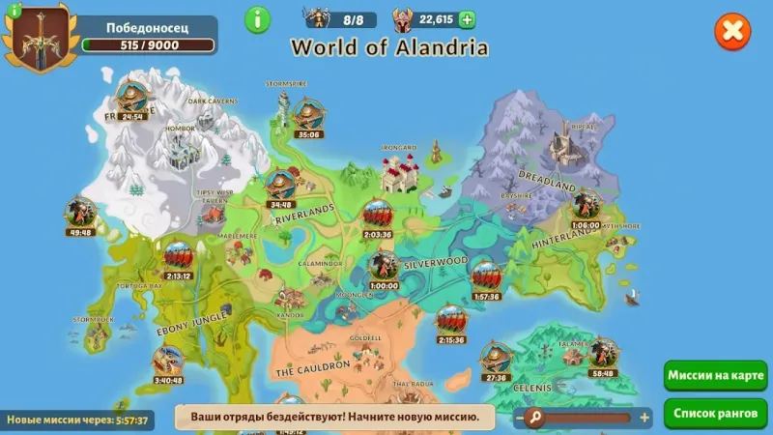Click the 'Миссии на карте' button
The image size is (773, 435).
click(716, 375)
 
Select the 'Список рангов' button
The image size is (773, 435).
click(716, 412)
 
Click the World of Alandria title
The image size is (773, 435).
click(389, 46)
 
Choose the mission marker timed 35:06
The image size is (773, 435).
click(308, 116)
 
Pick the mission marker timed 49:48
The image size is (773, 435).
click(80, 213)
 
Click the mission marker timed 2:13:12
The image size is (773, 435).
click(178, 257)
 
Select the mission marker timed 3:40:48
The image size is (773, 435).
click(167, 362)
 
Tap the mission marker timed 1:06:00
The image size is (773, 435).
click(586, 206)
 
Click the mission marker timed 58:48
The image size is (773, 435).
click(603, 354)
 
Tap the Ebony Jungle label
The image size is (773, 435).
click(193, 322)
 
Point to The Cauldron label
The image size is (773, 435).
click(312, 369)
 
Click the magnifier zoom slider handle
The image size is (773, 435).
click(533, 418)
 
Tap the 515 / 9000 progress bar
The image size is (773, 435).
click(147, 44)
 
